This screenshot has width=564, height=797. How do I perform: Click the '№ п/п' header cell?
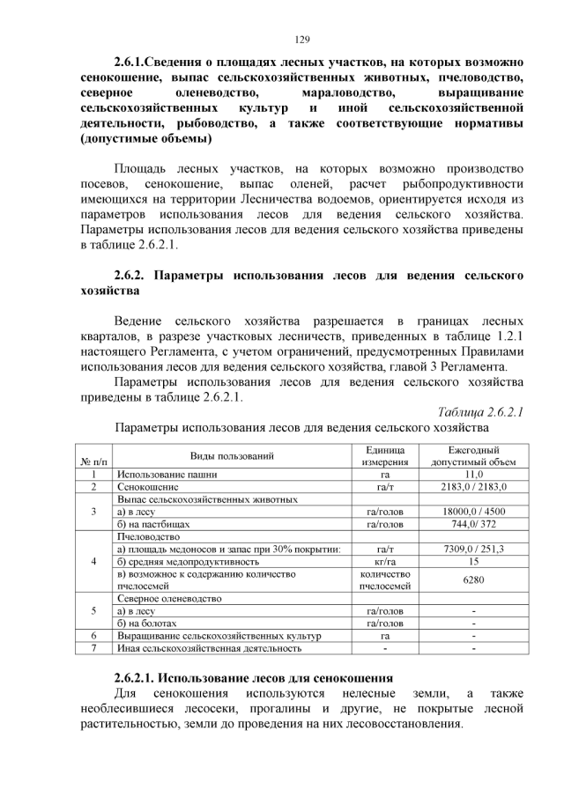point(93,461)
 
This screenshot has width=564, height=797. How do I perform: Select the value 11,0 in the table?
point(473,474)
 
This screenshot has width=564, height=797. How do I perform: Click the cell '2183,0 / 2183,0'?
point(473,486)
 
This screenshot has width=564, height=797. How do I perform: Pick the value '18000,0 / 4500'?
point(473,511)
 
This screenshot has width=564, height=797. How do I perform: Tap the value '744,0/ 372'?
point(473,523)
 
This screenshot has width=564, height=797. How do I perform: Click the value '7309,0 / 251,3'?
point(473,549)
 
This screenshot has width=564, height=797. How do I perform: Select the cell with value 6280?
point(473,579)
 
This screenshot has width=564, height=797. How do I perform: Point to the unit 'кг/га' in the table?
point(384,561)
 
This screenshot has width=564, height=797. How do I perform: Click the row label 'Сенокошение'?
point(147,486)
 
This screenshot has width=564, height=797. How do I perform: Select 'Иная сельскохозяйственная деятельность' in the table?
point(209,648)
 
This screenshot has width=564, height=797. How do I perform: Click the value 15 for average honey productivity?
point(473,561)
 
